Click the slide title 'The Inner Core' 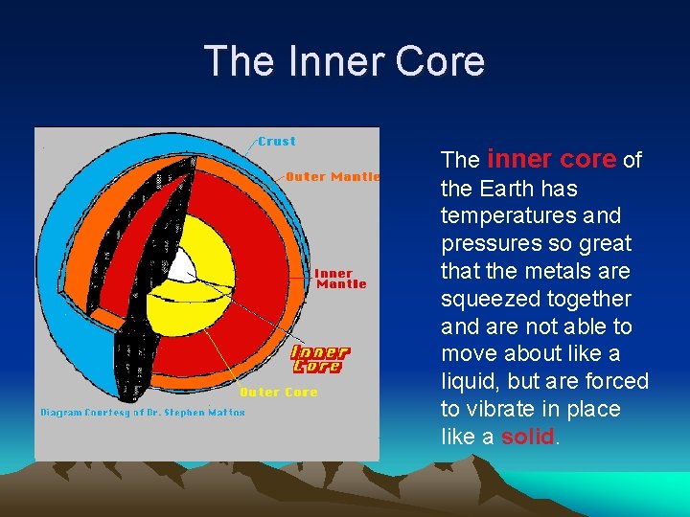[x=344, y=61]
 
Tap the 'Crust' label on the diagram [x=277, y=141]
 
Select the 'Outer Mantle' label [x=333, y=176]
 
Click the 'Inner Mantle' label [x=340, y=279]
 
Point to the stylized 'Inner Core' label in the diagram [x=319, y=359]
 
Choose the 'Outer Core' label [x=278, y=393]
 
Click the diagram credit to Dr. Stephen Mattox [x=143, y=413]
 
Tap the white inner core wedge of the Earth [x=182, y=266]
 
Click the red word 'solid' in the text [x=527, y=437]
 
